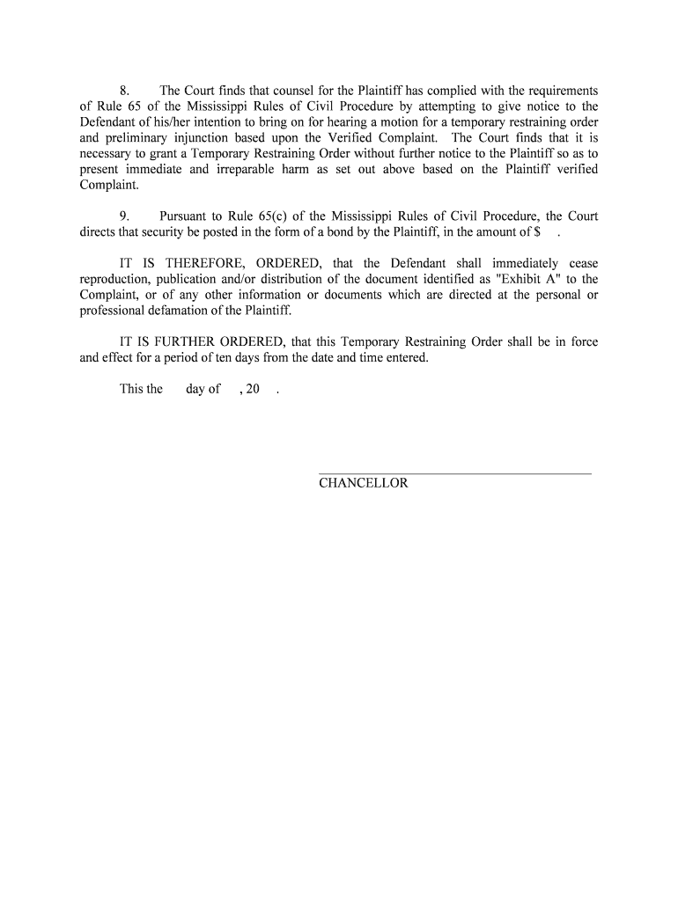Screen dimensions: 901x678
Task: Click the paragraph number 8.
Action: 124,91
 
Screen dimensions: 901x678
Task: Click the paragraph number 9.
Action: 124,216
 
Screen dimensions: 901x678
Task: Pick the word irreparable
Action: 256,170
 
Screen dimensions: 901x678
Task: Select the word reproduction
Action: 114,279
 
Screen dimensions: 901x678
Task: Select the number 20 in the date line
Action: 254,389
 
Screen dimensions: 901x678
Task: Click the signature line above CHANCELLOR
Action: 454,474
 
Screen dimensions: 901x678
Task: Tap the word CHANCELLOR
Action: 364,483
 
